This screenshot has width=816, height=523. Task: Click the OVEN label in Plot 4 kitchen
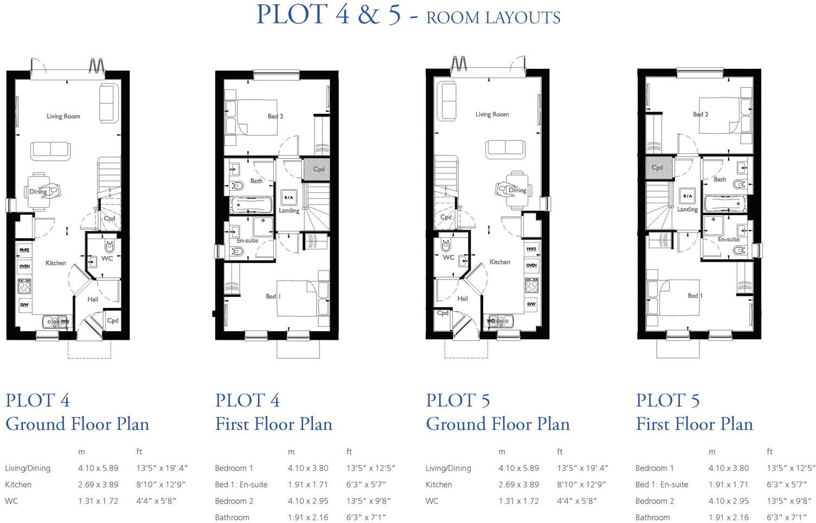tap(24, 266)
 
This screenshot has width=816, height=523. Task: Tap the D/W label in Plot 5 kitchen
tap(531, 304)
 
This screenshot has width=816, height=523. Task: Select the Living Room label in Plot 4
tap(63, 116)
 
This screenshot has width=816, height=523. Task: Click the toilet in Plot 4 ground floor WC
tap(110, 247)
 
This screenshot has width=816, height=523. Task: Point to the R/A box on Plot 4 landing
tap(288, 197)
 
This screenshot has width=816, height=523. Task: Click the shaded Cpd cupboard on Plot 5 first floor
tap(658, 167)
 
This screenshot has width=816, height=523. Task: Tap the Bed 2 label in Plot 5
tap(701, 114)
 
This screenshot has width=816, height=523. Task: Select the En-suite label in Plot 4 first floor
tap(247, 241)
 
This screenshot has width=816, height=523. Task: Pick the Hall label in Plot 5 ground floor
tap(462, 298)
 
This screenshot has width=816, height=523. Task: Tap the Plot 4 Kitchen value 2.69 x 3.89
tap(98, 485)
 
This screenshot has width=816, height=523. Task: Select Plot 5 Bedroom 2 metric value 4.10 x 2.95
tap(728, 501)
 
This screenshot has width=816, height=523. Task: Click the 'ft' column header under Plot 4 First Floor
tap(349, 451)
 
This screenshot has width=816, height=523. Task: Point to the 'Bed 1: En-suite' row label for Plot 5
tap(661, 485)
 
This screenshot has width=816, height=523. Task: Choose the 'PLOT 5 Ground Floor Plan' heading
tap(497, 412)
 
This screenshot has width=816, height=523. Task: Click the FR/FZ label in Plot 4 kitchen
tap(24, 250)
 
